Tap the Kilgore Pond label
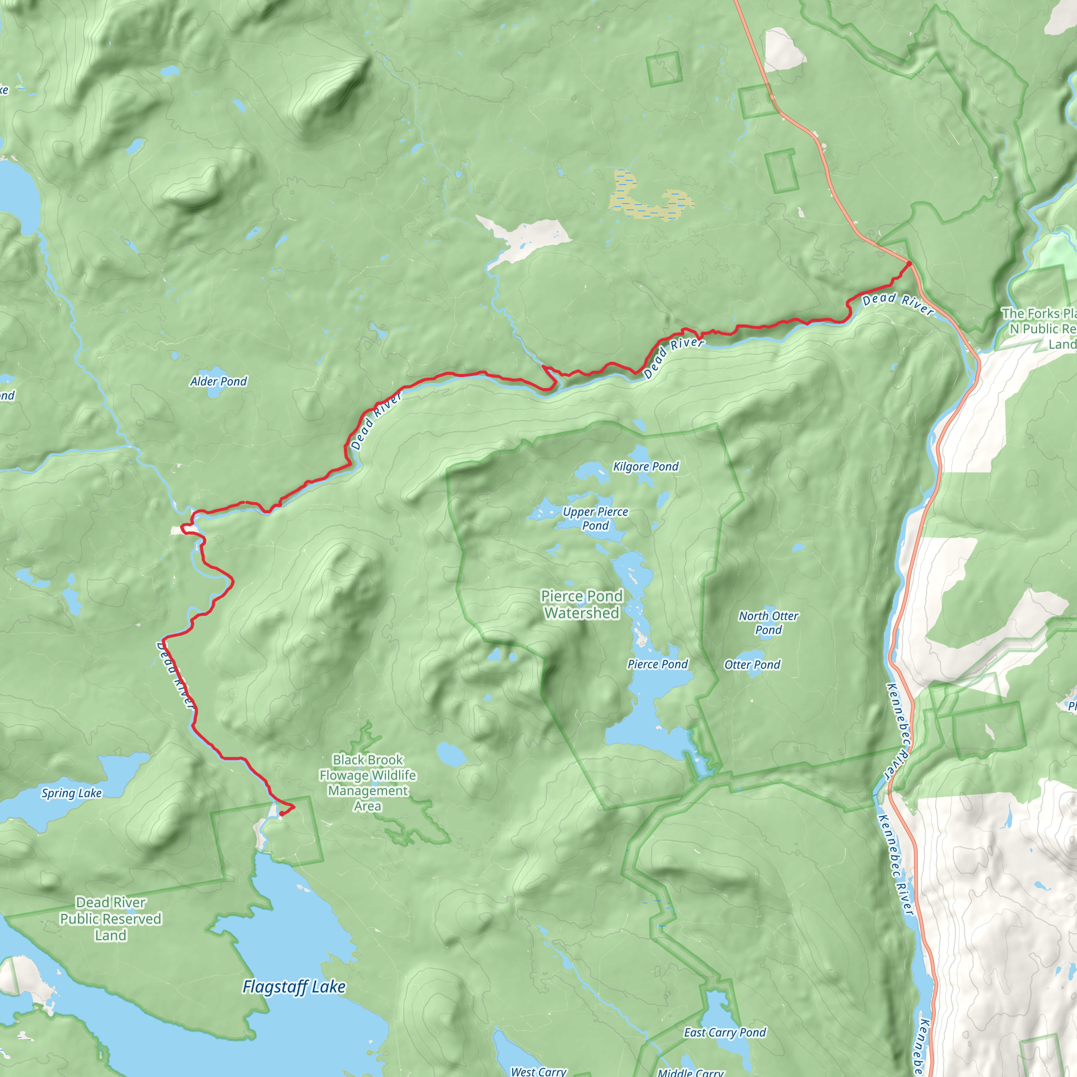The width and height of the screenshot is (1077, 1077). pyautogui.click(x=646, y=466)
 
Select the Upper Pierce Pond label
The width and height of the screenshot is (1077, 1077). pyautogui.click(x=595, y=519)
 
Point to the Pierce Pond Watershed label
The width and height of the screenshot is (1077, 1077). pyautogui.click(x=582, y=604)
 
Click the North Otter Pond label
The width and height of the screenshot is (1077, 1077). pyautogui.click(x=768, y=623)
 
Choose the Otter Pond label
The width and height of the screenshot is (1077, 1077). pyautogui.click(x=752, y=665)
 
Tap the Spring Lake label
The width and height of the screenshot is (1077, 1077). pyautogui.click(x=72, y=792)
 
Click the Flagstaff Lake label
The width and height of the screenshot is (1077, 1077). pyautogui.click(x=294, y=987)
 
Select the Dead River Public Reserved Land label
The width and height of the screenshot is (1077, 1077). pyautogui.click(x=110, y=919)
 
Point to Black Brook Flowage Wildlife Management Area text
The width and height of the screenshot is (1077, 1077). pyautogui.click(x=368, y=783)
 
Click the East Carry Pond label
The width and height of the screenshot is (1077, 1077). pyautogui.click(x=725, y=1032)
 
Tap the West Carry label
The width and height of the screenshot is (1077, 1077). pyautogui.click(x=538, y=1071)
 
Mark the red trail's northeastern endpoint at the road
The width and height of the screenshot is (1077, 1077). pyautogui.click(x=909, y=263)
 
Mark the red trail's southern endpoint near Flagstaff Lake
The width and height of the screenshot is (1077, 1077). pyautogui.click(x=281, y=814)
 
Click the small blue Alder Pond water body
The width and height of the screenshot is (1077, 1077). pyautogui.click(x=216, y=391)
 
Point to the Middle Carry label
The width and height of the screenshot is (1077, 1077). pyautogui.click(x=690, y=1072)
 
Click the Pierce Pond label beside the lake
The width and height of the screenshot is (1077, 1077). pyautogui.click(x=657, y=664)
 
